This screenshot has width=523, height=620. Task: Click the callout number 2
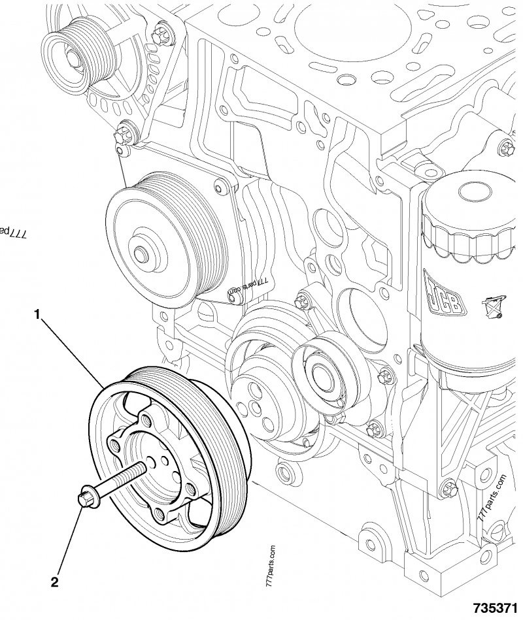(56, 579)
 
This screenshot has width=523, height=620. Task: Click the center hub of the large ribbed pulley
(142, 253)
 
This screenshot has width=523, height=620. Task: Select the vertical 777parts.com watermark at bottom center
(271, 568)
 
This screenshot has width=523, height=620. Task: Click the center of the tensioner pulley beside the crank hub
(322, 373)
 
